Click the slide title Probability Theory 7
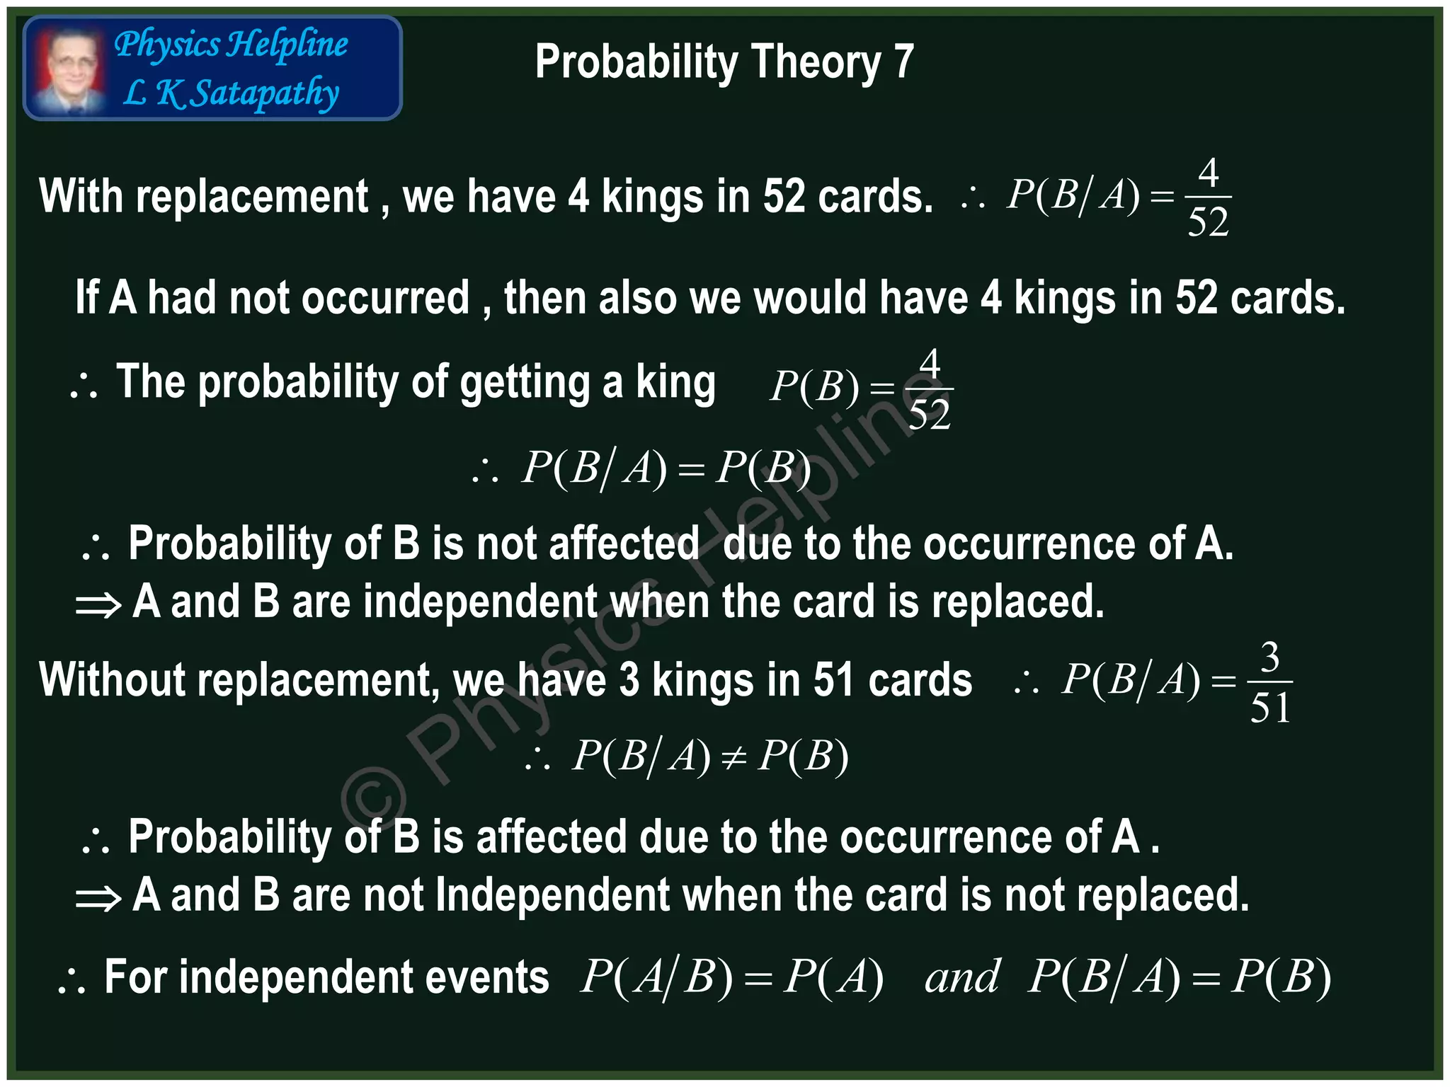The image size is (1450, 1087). pyautogui.click(x=724, y=62)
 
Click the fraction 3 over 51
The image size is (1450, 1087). pyautogui.click(x=1270, y=682)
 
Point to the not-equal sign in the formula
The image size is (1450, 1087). pyautogui.click(x=733, y=758)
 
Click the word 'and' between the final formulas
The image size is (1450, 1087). pyautogui.click(x=961, y=977)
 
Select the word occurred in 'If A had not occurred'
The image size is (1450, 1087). pyautogui.click(x=385, y=297)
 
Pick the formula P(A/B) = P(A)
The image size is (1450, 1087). pyautogui.click(x=731, y=977)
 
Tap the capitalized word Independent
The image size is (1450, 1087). pyautogui.click(x=552, y=895)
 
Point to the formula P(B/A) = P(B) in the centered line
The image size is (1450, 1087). pyautogui.click(x=666, y=468)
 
